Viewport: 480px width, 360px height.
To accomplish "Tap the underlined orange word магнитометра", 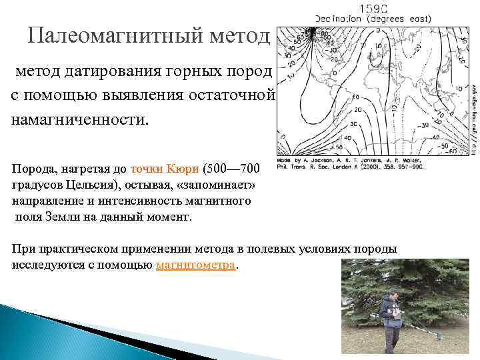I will tap(196, 265).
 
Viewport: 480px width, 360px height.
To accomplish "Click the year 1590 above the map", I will tap(373, 9).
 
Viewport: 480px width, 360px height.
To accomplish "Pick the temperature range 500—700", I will tap(236, 169).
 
